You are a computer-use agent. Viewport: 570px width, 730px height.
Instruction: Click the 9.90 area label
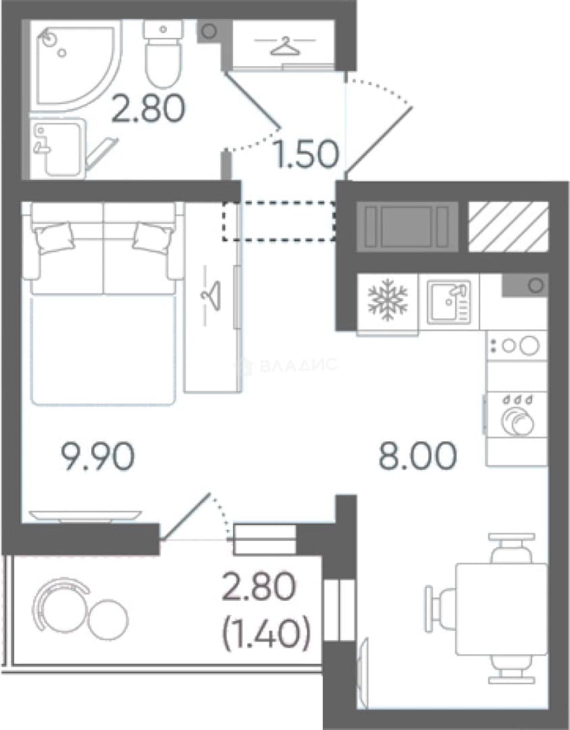[x=98, y=456]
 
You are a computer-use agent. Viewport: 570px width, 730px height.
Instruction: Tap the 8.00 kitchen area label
[x=417, y=456]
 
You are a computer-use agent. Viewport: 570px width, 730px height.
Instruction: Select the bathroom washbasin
[x=57, y=148]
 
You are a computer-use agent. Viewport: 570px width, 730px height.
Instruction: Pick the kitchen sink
[x=449, y=301]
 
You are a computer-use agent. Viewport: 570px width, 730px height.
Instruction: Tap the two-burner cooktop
[x=517, y=345]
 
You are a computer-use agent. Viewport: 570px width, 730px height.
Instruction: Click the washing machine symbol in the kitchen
[x=517, y=414]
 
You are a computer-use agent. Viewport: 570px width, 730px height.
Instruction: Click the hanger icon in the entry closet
[x=285, y=47]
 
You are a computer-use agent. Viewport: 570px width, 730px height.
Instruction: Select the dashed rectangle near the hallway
[x=279, y=221]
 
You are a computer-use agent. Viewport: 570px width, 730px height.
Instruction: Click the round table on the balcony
[x=108, y=619]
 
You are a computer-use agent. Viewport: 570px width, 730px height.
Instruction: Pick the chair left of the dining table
[x=440, y=609]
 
